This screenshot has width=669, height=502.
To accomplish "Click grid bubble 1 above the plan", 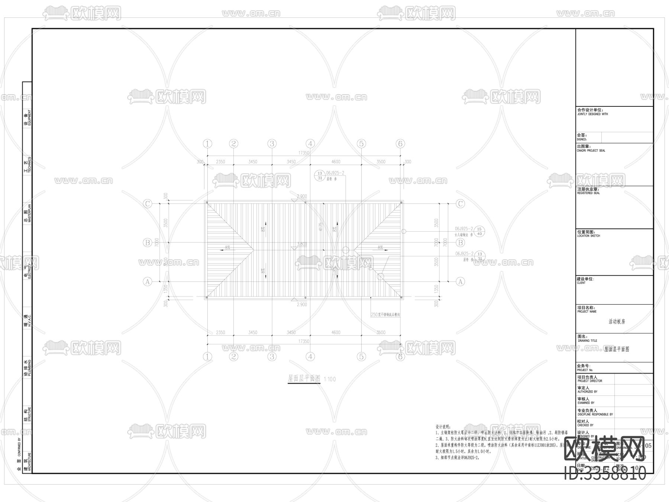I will (x=207, y=144).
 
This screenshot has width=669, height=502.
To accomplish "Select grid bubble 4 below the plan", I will (x=310, y=357).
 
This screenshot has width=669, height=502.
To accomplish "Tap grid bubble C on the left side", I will (x=148, y=203).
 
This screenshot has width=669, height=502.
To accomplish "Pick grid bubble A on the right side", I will (x=460, y=281).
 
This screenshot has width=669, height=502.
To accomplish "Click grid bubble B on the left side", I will (x=148, y=242).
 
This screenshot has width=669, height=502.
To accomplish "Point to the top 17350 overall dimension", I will (x=304, y=153).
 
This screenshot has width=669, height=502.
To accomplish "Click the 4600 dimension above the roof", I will (x=336, y=162).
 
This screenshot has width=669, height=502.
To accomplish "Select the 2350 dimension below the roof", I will (x=220, y=332).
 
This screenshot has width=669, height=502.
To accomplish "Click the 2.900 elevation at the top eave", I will (x=302, y=196).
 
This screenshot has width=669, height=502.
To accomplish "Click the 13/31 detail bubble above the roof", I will (x=320, y=175).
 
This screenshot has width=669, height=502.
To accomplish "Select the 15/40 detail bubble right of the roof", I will (x=479, y=231).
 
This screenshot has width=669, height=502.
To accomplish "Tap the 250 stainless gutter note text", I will (x=385, y=315).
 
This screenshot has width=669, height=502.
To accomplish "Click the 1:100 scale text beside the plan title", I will (x=330, y=379).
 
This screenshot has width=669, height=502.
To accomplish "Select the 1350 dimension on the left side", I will (x=166, y=289).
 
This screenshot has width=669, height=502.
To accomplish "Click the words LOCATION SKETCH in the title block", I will (x=588, y=236).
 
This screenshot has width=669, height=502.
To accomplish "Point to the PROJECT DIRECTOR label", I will (x=590, y=381).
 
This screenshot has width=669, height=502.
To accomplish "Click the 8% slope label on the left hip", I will (x=227, y=247).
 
